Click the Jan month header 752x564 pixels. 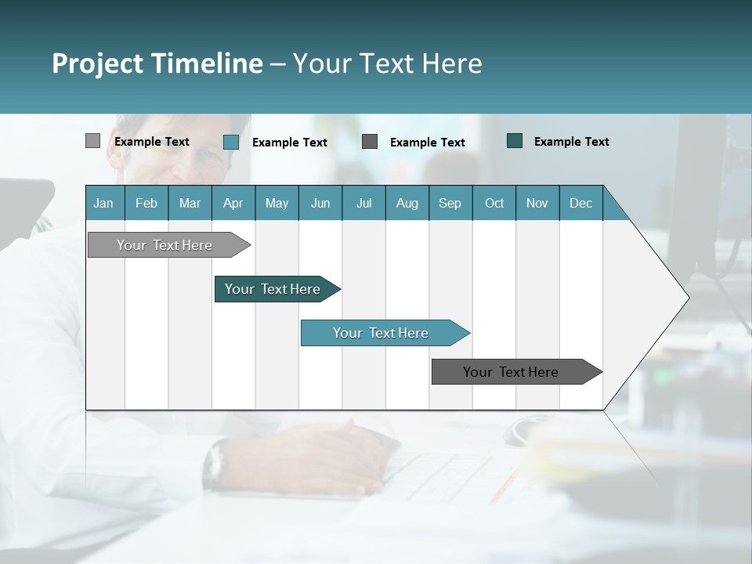(x=103, y=203)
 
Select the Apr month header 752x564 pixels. (x=233, y=203)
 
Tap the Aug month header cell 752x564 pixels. (x=407, y=203)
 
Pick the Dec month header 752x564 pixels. (x=580, y=203)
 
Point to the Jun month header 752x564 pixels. (x=320, y=203)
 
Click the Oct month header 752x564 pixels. (x=493, y=203)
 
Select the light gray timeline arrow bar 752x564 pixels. (x=164, y=245)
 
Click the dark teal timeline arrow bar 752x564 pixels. (x=273, y=289)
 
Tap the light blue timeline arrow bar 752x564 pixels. (x=381, y=333)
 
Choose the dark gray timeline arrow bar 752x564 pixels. (x=511, y=372)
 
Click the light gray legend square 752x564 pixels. (x=92, y=141)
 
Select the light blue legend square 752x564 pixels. (x=230, y=142)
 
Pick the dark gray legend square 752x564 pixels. (x=370, y=141)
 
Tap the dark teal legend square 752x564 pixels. (x=514, y=141)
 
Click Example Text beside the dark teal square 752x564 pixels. (x=571, y=142)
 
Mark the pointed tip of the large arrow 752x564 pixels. (x=688, y=297)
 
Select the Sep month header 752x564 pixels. (x=450, y=203)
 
